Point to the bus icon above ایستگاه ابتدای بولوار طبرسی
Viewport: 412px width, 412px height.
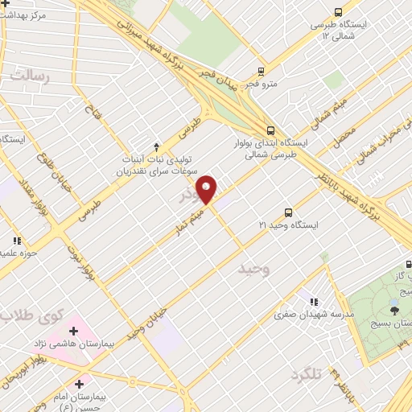[x=270, y=129]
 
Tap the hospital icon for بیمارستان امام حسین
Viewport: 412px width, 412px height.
[x=78, y=384]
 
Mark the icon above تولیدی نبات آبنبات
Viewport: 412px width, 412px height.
[x=155, y=146]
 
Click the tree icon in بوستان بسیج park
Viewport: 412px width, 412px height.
[x=393, y=310]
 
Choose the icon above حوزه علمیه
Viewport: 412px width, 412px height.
[x=17, y=240]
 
